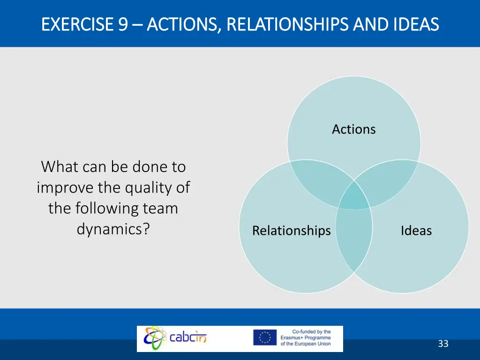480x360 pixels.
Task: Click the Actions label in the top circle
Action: coord(354,129)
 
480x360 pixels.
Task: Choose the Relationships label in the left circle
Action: coord(291,231)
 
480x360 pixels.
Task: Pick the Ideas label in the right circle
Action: coord(416,231)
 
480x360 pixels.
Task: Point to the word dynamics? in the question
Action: coord(113,229)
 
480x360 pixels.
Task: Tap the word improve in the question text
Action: coord(65,187)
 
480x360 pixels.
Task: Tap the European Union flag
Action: coord(264,337)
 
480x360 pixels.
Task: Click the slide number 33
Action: coord(443,344)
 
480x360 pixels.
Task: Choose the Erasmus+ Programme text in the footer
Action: coord(306,337)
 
